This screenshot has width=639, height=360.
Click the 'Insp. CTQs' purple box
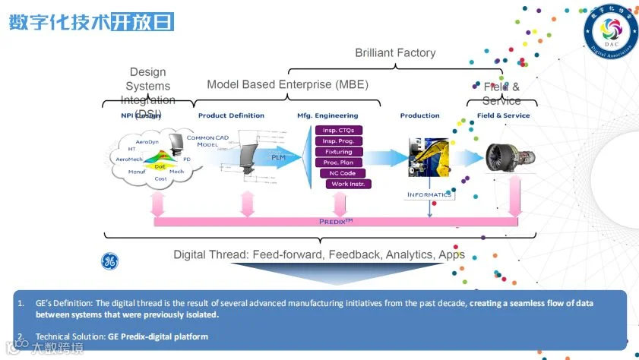(x=338, y=131)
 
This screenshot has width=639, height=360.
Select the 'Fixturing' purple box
(x=338, y=152)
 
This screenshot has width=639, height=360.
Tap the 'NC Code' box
(x=343, y=173)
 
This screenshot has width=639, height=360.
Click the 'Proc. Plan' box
(x=338, y=163)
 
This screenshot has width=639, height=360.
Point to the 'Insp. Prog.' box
(x=338, y=141)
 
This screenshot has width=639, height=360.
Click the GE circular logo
(x=110, y=261)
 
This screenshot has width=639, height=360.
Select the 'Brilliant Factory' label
(x=395, y=53)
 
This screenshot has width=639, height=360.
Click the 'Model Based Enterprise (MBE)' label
(x=287, y=84)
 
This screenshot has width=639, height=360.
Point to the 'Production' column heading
(x=419, y=115)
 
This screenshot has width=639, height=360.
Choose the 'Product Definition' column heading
(x=231, y=115)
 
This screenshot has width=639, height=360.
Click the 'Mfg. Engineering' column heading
(x=327, y=115)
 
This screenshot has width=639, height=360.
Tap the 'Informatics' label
(x=429, y=194)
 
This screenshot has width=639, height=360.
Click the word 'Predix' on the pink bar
(x=335, y=221)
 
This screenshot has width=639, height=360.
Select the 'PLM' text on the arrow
(x=278, y=157)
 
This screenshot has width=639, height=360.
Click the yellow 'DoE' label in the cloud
(x=160, y=166)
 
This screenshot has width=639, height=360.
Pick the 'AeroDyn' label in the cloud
(x=147, y=142)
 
